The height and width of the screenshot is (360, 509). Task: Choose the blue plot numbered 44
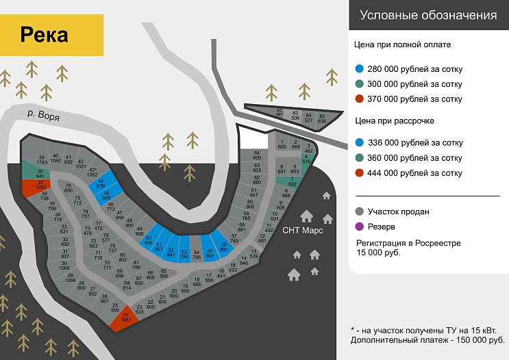coord(101,183)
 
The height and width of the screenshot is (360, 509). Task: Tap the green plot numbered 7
coord(291,181)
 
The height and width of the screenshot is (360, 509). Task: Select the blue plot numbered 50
coord(149,240)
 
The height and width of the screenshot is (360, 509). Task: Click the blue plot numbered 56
coord(223,247)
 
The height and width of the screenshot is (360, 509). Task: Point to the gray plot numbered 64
coord(257,155)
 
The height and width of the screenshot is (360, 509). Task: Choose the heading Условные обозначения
coord(428,15)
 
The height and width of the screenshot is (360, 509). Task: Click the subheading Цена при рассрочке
coord(395,121)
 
